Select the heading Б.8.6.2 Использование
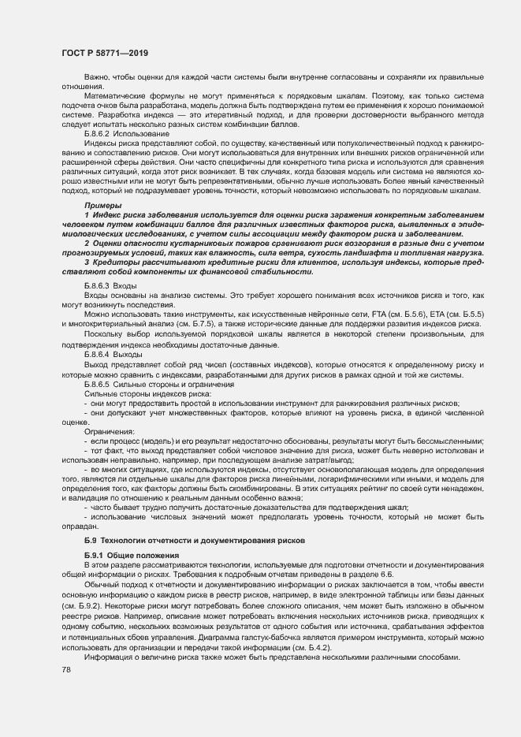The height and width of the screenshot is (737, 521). [121, 135]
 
